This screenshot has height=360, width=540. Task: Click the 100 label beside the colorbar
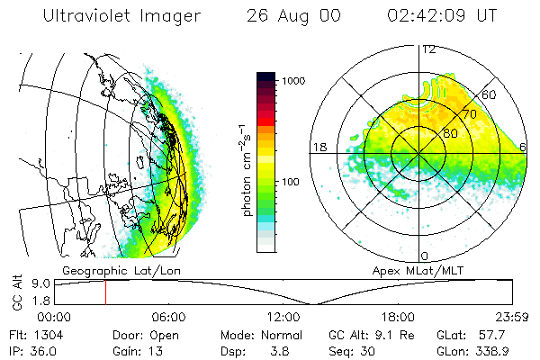[x=290, y=183]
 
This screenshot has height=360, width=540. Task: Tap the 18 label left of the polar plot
[x=318, y=147]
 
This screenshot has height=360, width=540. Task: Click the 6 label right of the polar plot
[x=524, y=147]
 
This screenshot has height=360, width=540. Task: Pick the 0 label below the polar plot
[x=425, y=256]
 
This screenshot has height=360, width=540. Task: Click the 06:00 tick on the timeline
[x=168, y=317]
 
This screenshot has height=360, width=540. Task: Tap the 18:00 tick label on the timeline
[x=398, y=317]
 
